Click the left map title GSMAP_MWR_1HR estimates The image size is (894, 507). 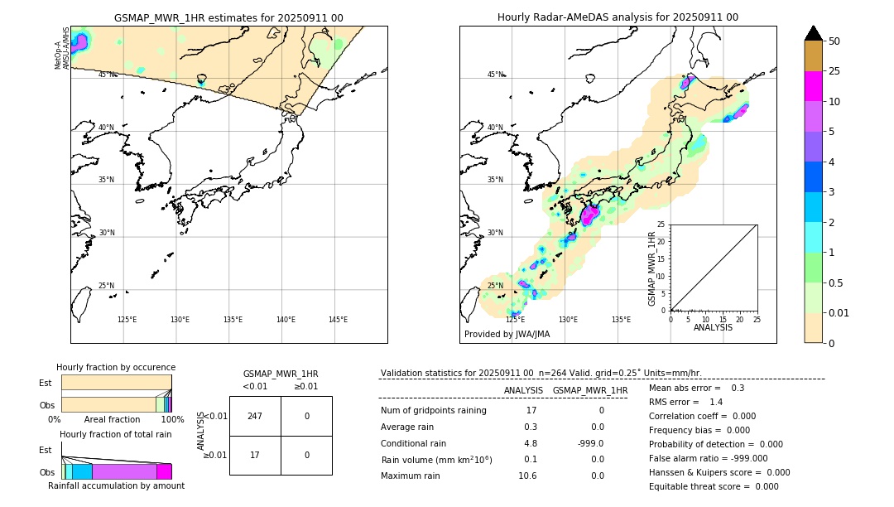(x=228, y=17)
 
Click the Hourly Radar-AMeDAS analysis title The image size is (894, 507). (x=618, y=17)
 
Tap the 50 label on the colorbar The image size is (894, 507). (x=834, y=41)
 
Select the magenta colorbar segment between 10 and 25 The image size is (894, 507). (x=813, y=86)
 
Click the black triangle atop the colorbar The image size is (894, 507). (x=813, y=33)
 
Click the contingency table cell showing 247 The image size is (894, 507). (x=255, y=416)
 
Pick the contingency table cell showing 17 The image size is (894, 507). (x=255, y=455)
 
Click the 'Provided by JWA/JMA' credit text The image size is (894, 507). (x=507, y=335)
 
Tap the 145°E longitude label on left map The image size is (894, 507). (x=338, y=320)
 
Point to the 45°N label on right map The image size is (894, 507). (x=495, y=75)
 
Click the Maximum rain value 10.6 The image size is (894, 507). (x=527, y=476)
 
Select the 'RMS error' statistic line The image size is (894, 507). (x=686, y=402)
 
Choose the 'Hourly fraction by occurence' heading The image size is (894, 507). (x=116, y=368)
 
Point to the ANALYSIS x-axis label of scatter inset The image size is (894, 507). (x=713, y=328)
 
